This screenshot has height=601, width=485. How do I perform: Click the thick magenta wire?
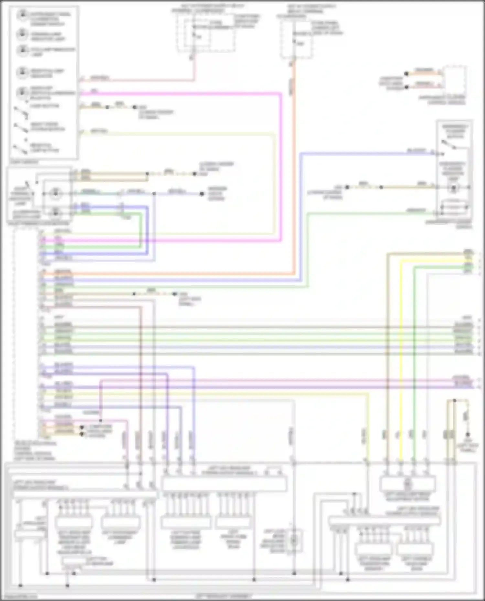click(x=280, y=161)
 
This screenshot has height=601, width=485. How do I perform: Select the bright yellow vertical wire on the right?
click(x=401, y=355)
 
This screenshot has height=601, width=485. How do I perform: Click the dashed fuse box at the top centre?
click(x=206, y=32)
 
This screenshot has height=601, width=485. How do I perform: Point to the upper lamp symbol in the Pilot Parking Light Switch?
click(x=55, y=194)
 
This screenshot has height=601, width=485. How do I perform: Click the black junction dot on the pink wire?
click(x=101, y=420)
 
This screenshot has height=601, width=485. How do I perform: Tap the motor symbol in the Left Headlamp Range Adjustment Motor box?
click(x=407, y=483)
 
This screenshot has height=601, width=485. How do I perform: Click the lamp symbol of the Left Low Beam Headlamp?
click(x=294, y=539)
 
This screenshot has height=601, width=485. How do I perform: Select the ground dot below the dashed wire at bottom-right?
click(x=467, y=434)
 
